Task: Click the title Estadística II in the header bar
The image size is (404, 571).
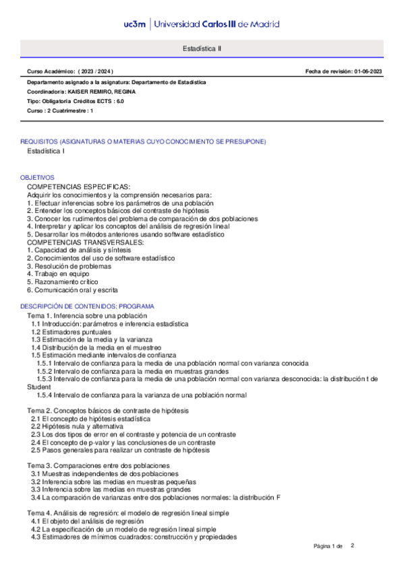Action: (202, 48)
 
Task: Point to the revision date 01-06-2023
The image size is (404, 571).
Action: (368, 71)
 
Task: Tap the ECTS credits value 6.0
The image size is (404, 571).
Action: (120, 100)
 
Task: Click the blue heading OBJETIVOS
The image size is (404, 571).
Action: (37, 177)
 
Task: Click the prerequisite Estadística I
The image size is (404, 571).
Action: (46, 152)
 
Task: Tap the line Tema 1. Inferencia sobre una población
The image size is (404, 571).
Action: (86, 315)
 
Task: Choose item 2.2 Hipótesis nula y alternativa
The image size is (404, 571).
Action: (78, 426)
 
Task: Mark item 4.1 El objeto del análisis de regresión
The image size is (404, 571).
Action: (88, 521)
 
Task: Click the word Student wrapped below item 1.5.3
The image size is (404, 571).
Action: (38, 387)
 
